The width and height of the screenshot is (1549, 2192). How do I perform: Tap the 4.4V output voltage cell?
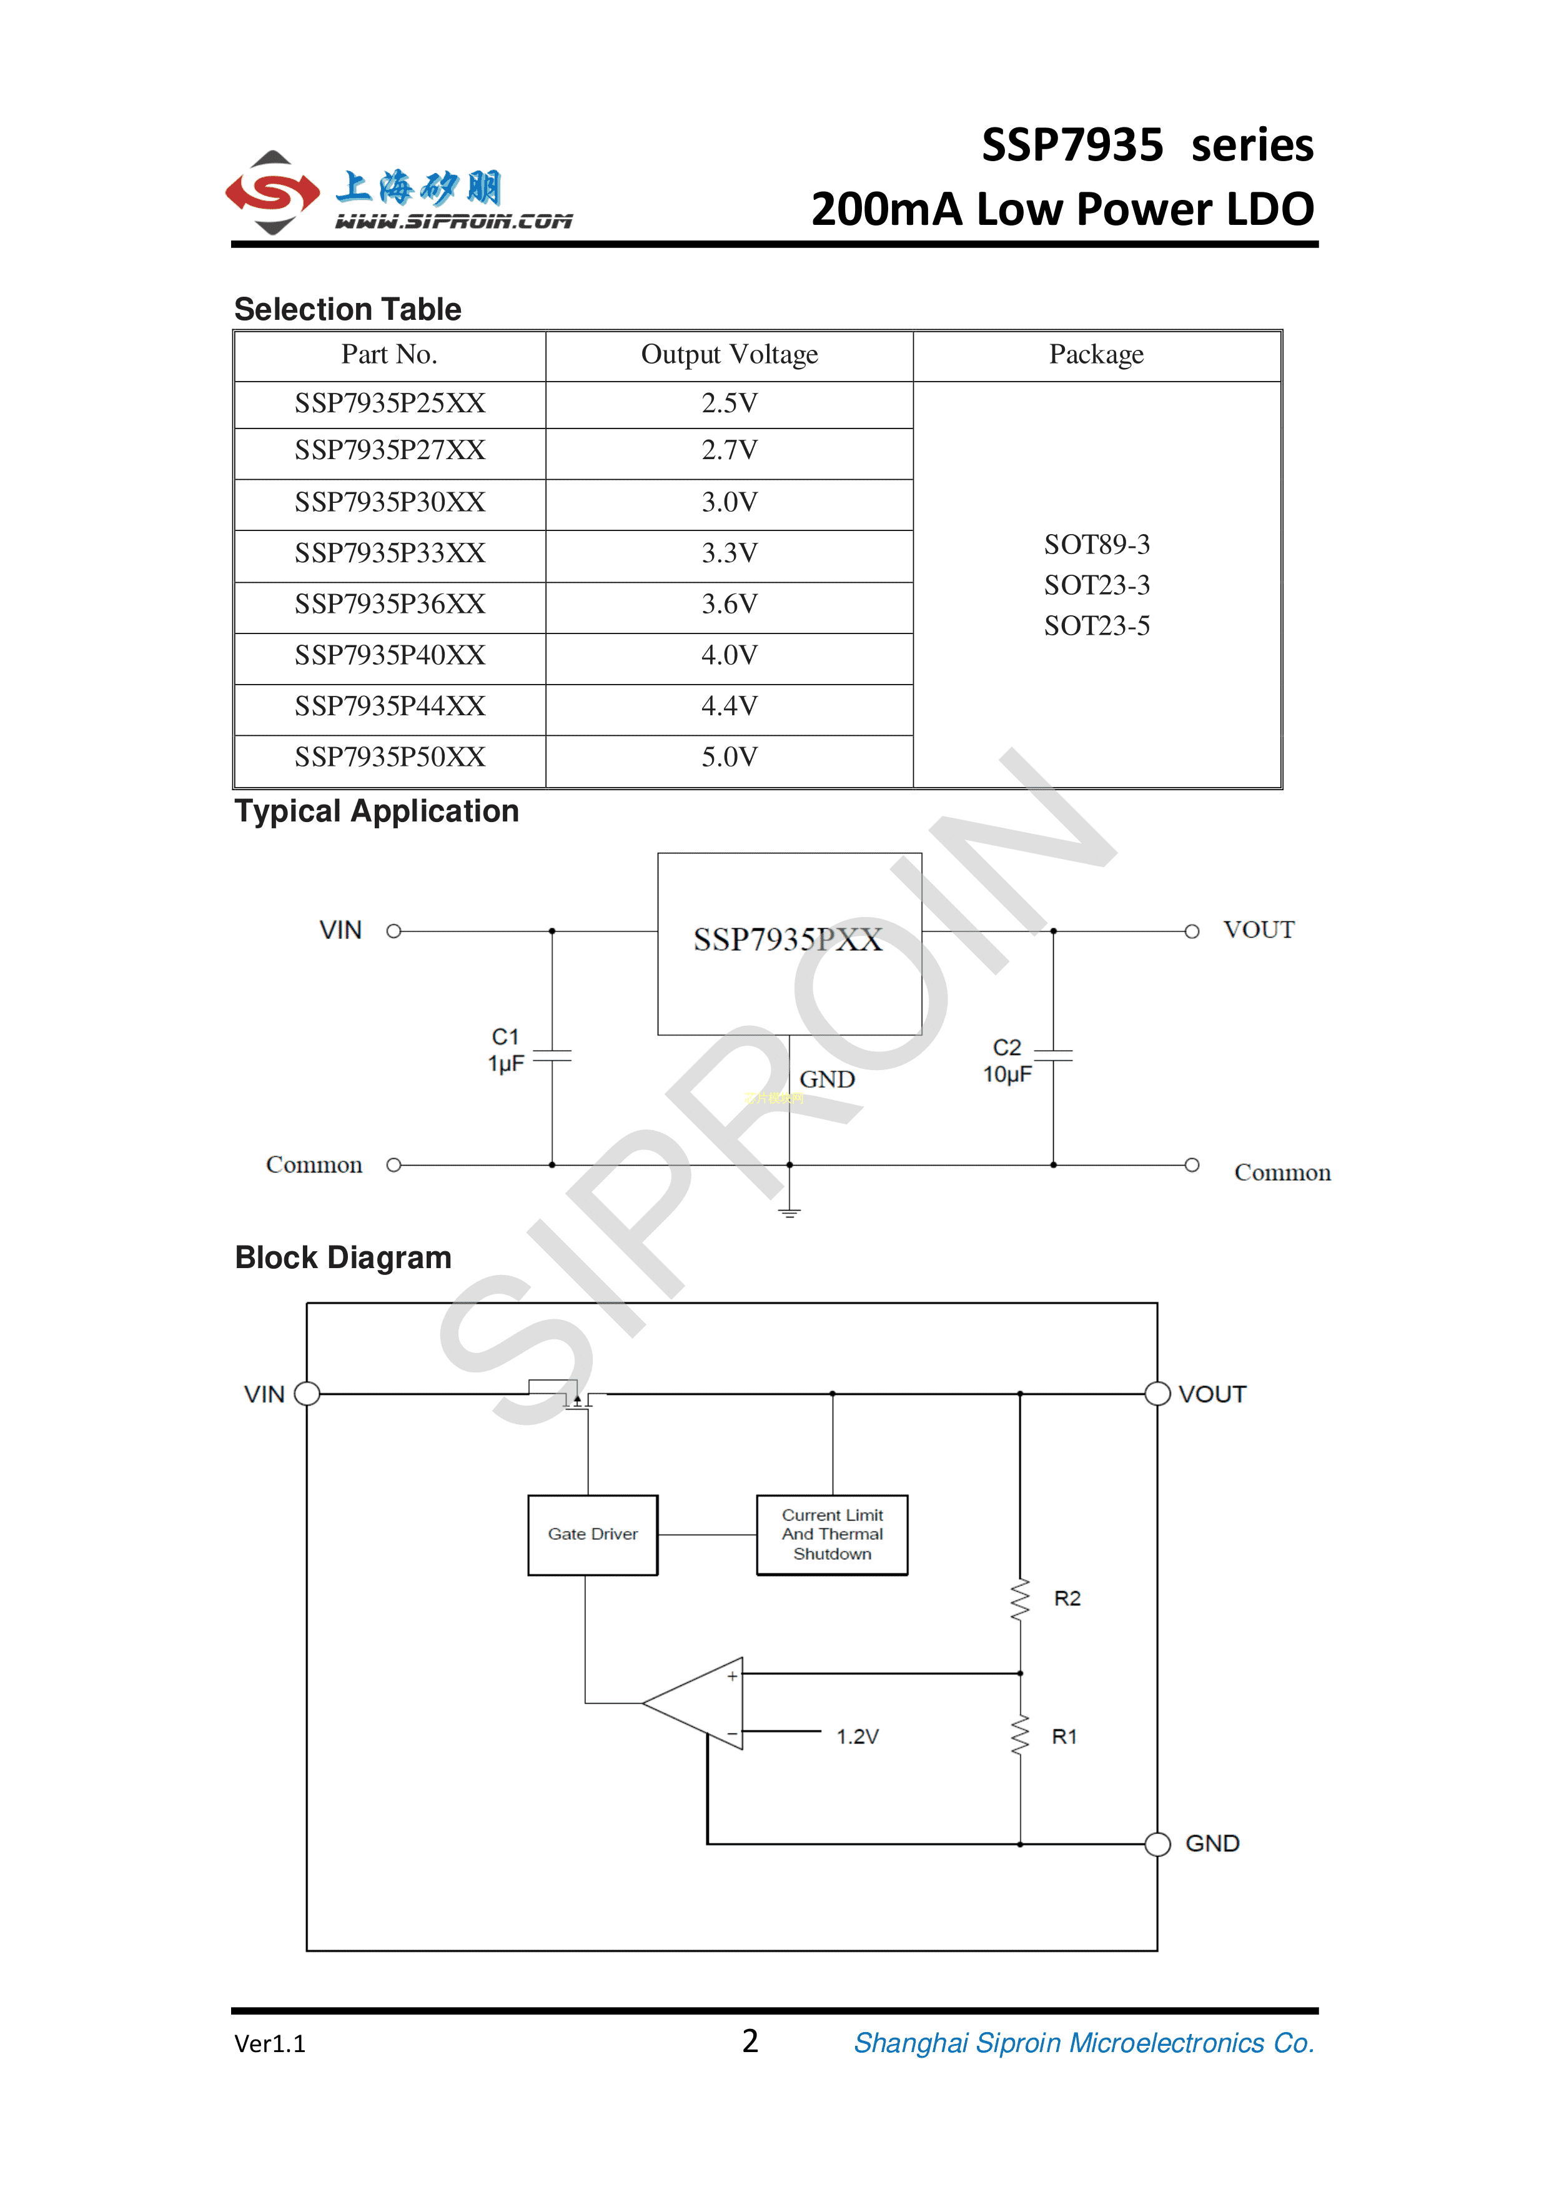point(729,707)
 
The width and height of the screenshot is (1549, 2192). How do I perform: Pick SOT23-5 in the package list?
point(1097,627)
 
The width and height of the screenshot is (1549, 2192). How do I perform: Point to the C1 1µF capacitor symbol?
point(552,1056)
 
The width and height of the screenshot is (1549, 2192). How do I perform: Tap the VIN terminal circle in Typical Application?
point(393,931)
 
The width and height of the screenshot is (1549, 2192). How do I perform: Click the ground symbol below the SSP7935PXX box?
point(789,1213)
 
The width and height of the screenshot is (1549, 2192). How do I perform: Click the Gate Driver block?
point(593,1534)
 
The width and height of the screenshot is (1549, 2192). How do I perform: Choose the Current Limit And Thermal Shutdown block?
point(832,1534)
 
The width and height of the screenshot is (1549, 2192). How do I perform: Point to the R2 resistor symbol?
point(1020,1599)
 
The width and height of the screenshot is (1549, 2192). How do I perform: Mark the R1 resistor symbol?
point(1020,1735)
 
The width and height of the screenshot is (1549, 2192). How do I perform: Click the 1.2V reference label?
point(857,1737)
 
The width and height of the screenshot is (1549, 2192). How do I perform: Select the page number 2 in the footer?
point(750,2041)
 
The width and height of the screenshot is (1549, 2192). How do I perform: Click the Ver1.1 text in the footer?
point(270,2044)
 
